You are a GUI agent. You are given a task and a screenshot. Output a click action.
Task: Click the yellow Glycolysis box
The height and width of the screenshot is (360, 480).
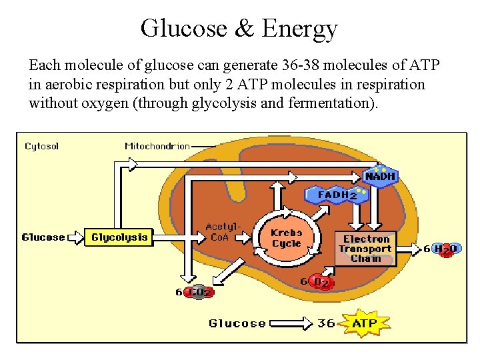119,237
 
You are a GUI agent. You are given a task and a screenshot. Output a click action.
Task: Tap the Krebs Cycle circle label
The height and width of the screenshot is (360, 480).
286,239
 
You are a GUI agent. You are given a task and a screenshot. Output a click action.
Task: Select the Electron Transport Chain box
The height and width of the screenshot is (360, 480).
365,249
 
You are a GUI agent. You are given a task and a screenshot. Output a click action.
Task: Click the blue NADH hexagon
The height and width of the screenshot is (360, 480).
380,177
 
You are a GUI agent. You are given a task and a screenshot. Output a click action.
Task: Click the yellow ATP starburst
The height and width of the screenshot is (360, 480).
364,323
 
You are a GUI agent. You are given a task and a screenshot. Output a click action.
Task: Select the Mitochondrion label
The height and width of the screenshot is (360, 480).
157,146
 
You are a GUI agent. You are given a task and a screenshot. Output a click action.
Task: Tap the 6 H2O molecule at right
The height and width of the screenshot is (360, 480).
446,249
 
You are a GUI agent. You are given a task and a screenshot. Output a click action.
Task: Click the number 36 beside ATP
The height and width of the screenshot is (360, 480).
326,323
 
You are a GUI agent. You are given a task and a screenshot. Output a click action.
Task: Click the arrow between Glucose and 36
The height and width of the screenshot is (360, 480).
291,323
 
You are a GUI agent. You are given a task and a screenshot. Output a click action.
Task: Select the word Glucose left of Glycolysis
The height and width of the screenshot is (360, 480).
43,237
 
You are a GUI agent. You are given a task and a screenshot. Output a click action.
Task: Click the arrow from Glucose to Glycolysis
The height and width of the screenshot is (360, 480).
76,237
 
